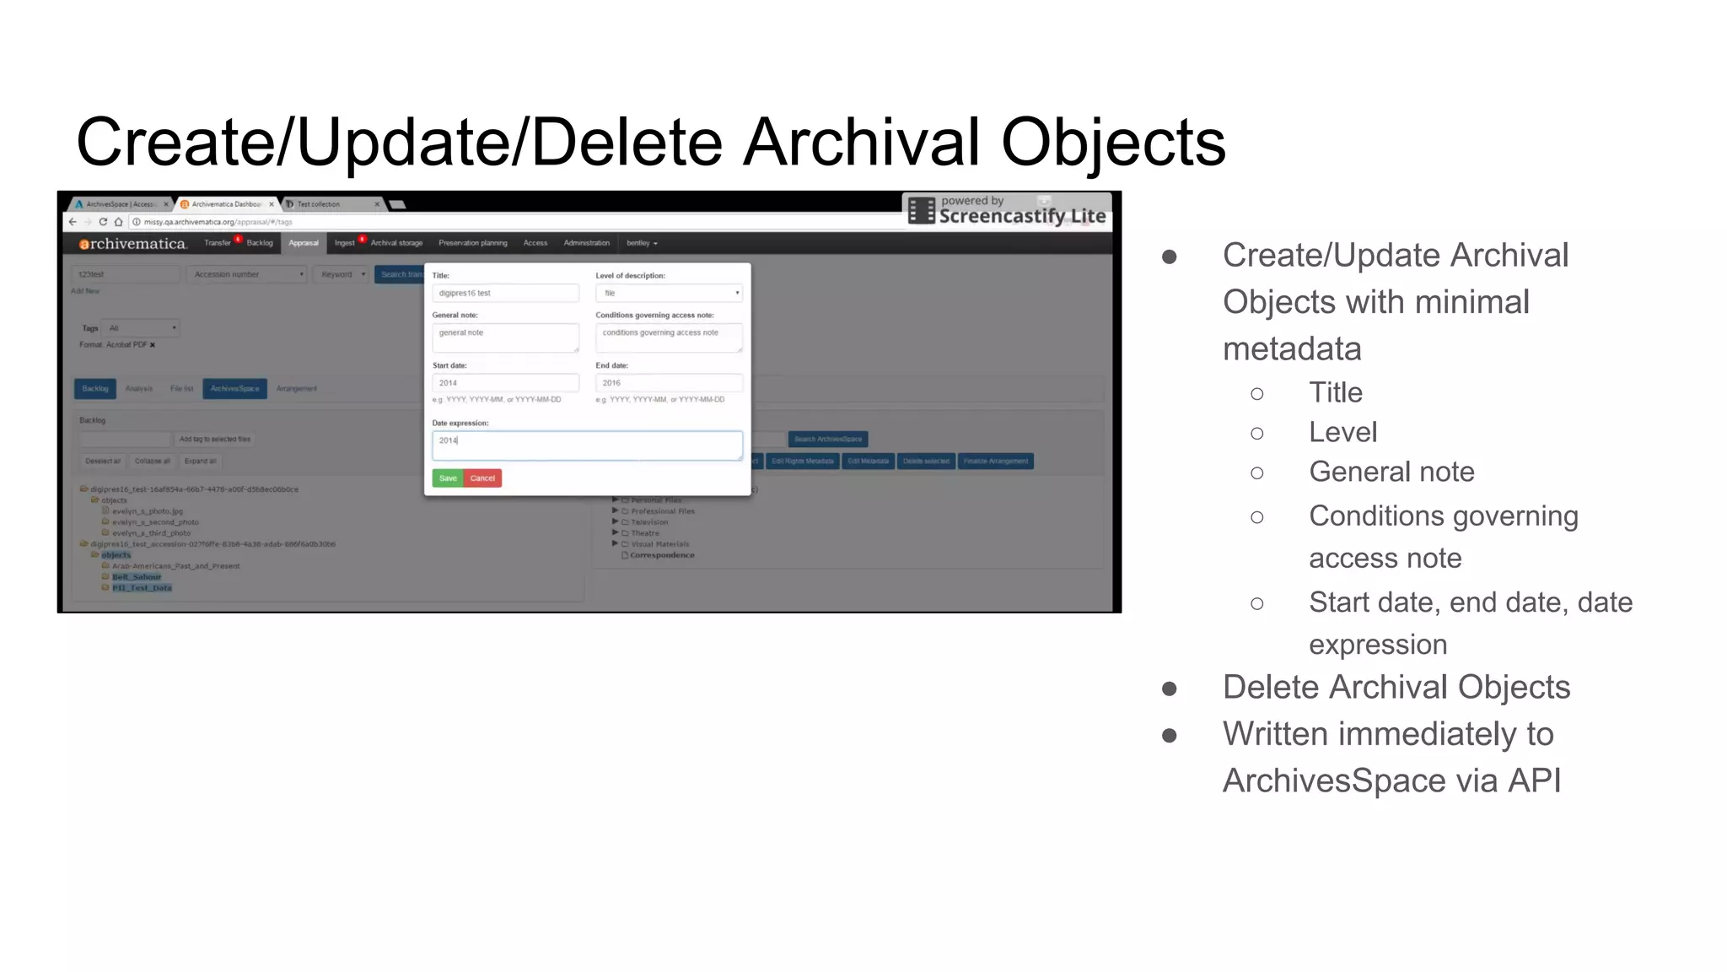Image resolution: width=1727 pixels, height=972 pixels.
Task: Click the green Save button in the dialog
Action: (x=448, y=478)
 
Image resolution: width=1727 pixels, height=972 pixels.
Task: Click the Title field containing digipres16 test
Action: (x=505, y=293)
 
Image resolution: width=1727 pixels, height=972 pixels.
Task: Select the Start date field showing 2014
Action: (x=505, y=383)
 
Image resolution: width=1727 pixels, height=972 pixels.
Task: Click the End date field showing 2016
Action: (x=669, y=383)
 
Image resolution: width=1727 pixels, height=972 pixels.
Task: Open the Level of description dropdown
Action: (x=669, y=293)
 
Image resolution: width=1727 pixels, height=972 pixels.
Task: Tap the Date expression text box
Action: (x=587, y=445)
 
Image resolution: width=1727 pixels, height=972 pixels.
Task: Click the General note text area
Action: (x=505, y=337)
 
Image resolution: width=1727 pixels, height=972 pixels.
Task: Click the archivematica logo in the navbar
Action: (x=132, y=244)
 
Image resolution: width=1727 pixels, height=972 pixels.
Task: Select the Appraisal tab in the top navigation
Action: (x=304, y=243)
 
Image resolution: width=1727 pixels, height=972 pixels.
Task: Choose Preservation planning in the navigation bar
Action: (x=472, y=243)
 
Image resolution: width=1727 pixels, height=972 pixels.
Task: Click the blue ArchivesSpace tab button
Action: (x=234, y=389)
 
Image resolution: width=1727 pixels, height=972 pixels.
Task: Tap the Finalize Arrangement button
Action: (x=996, y=462)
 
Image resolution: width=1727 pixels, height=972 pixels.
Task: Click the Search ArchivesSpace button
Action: (x=828, y=440)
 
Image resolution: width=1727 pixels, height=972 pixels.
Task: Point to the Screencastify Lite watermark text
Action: (x=1022, y=216)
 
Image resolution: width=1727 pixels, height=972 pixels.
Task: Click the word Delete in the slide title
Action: (x=627, y=142)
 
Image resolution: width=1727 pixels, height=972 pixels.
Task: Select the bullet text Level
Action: (x=1342, y=432)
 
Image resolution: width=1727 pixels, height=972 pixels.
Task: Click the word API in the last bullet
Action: (x=1534, y=780)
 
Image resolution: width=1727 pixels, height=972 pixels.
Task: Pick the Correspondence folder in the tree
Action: (x=662, y=555)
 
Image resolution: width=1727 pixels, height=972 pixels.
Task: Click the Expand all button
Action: (x=200, y=462)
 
